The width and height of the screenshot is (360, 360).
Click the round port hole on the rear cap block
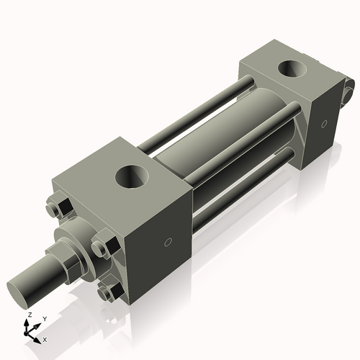[292, 70]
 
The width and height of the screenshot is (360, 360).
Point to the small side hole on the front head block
[168, 242]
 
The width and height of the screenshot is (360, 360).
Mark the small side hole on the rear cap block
[325, 124]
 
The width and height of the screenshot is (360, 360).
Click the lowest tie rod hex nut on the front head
[110, 292]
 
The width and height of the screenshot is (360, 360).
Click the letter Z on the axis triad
[29, 315]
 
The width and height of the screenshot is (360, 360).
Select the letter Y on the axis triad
[44, 318]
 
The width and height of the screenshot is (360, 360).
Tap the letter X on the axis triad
[45, 338]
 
